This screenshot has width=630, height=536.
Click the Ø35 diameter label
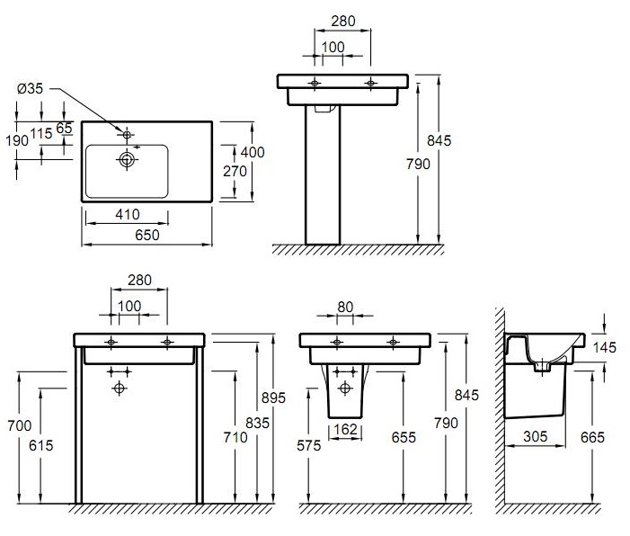coord(30,88)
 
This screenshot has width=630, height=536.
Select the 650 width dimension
coord(147,236)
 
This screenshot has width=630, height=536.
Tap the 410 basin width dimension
coord(128,214)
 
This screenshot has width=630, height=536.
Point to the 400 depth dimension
coord(253,152)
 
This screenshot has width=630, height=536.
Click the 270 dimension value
coord(235,171)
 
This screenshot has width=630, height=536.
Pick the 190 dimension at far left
coord(17,140)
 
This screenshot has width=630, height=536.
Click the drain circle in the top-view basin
coord(127,160)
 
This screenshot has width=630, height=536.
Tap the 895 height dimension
coord(273,398)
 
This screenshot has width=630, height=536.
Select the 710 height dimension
coord(235,437)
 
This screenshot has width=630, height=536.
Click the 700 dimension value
coord(19,425)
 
